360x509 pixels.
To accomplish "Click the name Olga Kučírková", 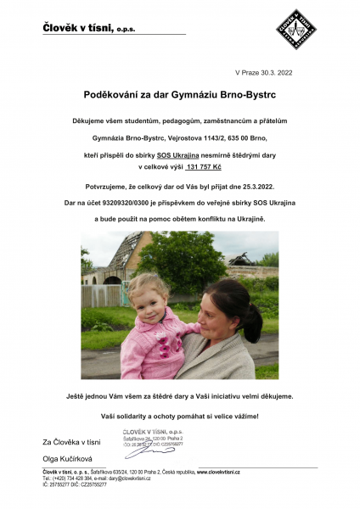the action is tap(66, 458).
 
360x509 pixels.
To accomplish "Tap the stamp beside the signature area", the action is tap(152, 440).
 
